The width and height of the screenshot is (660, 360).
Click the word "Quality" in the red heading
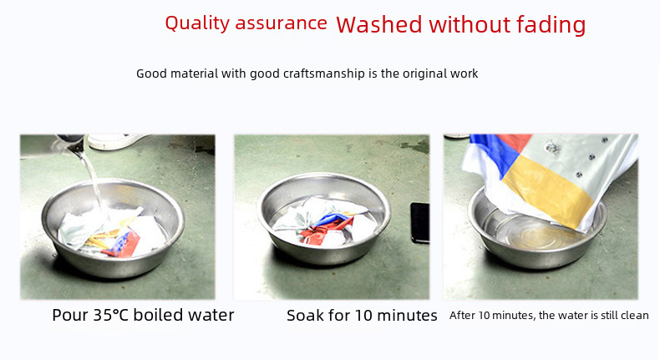pos(197,23)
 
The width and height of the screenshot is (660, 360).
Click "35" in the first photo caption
pos(102,315)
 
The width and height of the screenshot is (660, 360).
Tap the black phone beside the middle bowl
pos(420,223)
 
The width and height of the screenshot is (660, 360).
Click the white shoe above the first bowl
pos(116,141)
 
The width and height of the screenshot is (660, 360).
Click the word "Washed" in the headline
pos(378,25)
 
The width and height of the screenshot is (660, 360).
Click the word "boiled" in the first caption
pos(158,315)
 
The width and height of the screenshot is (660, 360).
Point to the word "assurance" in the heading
pos(281,24)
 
